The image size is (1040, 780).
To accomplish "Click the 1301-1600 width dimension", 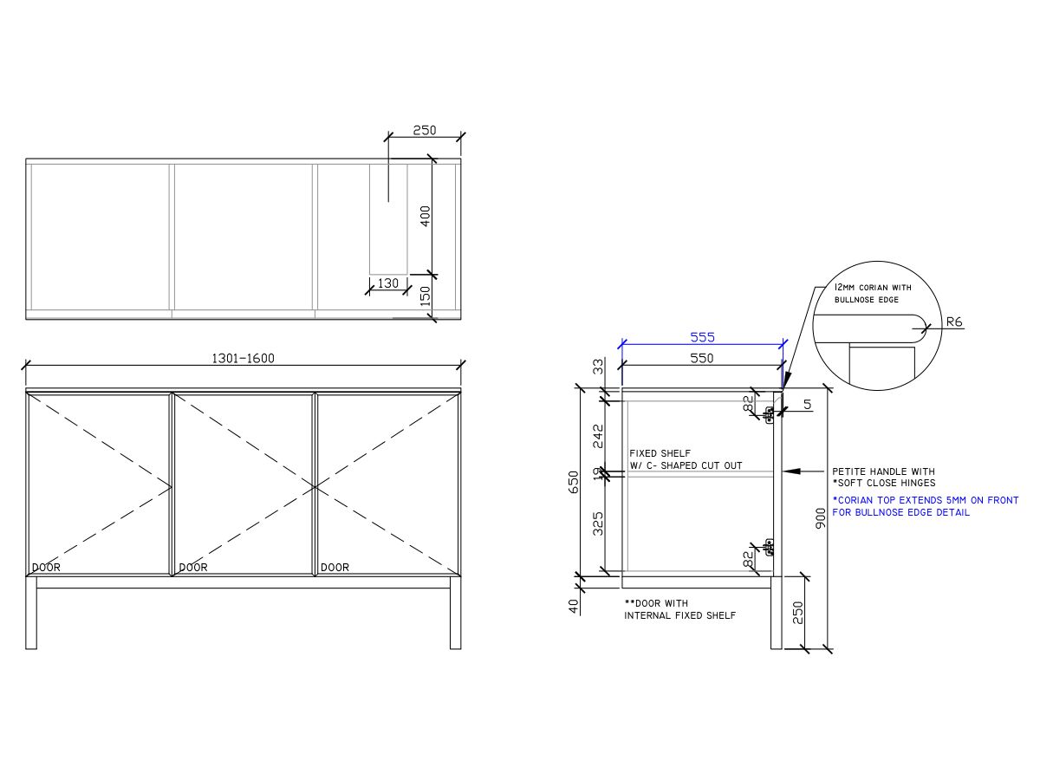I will pyautogui.click(x=243, y=358).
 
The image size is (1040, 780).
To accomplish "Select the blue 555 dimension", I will pyautogui.click(x=702, y=337).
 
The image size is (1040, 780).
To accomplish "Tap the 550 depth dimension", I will pyautogui.click(x=701, y=358).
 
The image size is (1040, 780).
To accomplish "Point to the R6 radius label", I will pyautogui.click(x=953, y=322).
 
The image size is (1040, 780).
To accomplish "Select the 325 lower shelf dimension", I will pyautogui.click(x=597, y=523).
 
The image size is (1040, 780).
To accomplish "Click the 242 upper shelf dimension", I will pyautogui.click(x=597, y=436).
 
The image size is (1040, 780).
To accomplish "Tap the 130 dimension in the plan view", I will pyautogui.click(x=388, y=283).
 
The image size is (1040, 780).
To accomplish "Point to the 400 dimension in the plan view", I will pyautogui.click(x=426, y=216).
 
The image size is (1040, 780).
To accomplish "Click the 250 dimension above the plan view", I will pyautogui.click(x=424, y=131).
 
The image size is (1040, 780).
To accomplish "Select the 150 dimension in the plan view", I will pyautogui.click(x=426, y=296).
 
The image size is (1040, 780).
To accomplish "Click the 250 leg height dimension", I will pyautogui.click(x=798, y=612).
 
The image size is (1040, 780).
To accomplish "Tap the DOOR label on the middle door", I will pyautogui.click(x=193, y=568).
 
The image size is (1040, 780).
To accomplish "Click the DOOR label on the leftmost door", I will pyautogui.click(x=47, y=568).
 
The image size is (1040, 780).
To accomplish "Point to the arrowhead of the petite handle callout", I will pyautogui.click(x=785, y=471).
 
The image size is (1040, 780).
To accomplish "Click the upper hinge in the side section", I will pyautogui.click(x=768, y=413).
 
